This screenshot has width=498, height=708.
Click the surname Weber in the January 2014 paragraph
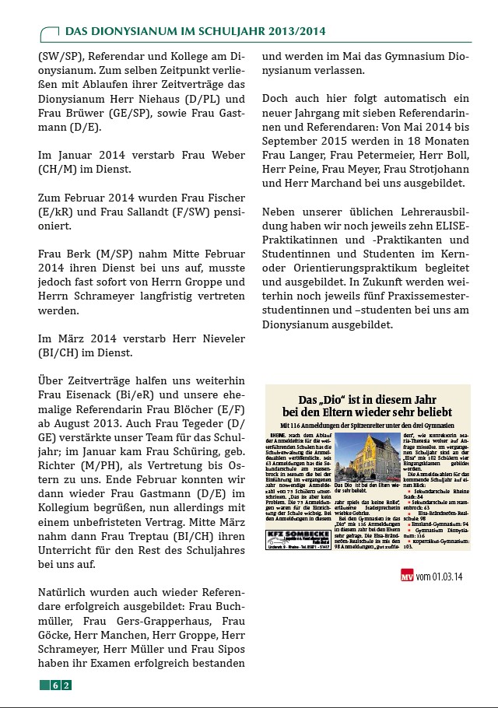click(226, 152)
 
